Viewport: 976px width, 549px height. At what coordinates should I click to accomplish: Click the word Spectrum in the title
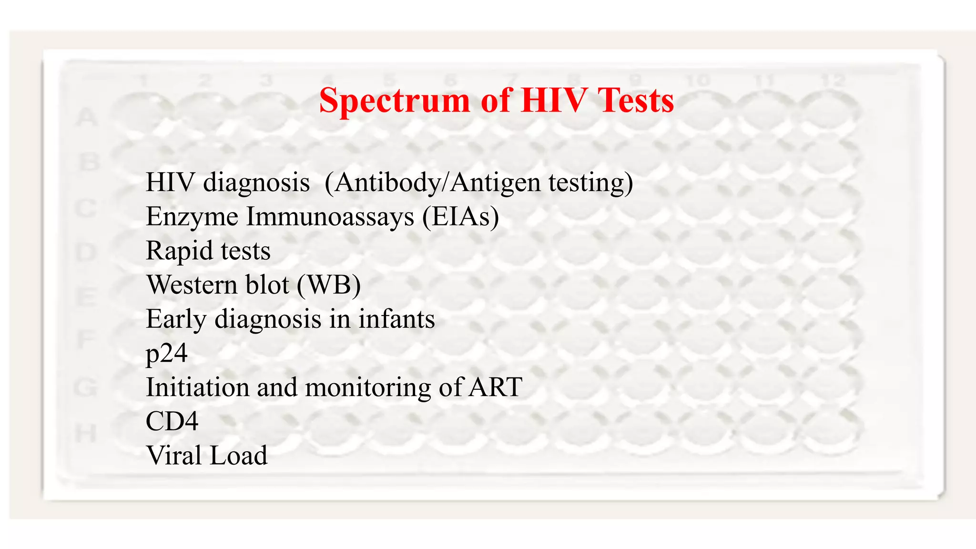(x=395, y=102)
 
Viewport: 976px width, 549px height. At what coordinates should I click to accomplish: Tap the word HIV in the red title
(x=554, y=101)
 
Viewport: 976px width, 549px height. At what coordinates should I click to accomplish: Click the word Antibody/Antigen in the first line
(x=434, y=183)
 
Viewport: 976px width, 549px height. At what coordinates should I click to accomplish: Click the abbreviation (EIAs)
(x=460, y=217)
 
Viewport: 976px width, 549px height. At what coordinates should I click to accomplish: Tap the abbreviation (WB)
(x=329, y=285)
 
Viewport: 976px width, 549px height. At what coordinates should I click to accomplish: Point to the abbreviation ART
(x=495, y=387)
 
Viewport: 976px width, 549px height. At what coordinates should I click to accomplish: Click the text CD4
(x=172, y=421)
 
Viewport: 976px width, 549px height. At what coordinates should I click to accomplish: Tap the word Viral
(x=174, y=456)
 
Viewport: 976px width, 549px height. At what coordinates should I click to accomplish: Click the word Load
(x=238, y=456)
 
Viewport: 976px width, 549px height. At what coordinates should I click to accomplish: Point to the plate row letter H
(x=86, y=434)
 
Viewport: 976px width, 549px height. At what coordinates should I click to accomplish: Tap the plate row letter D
(x=86, y=252)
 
